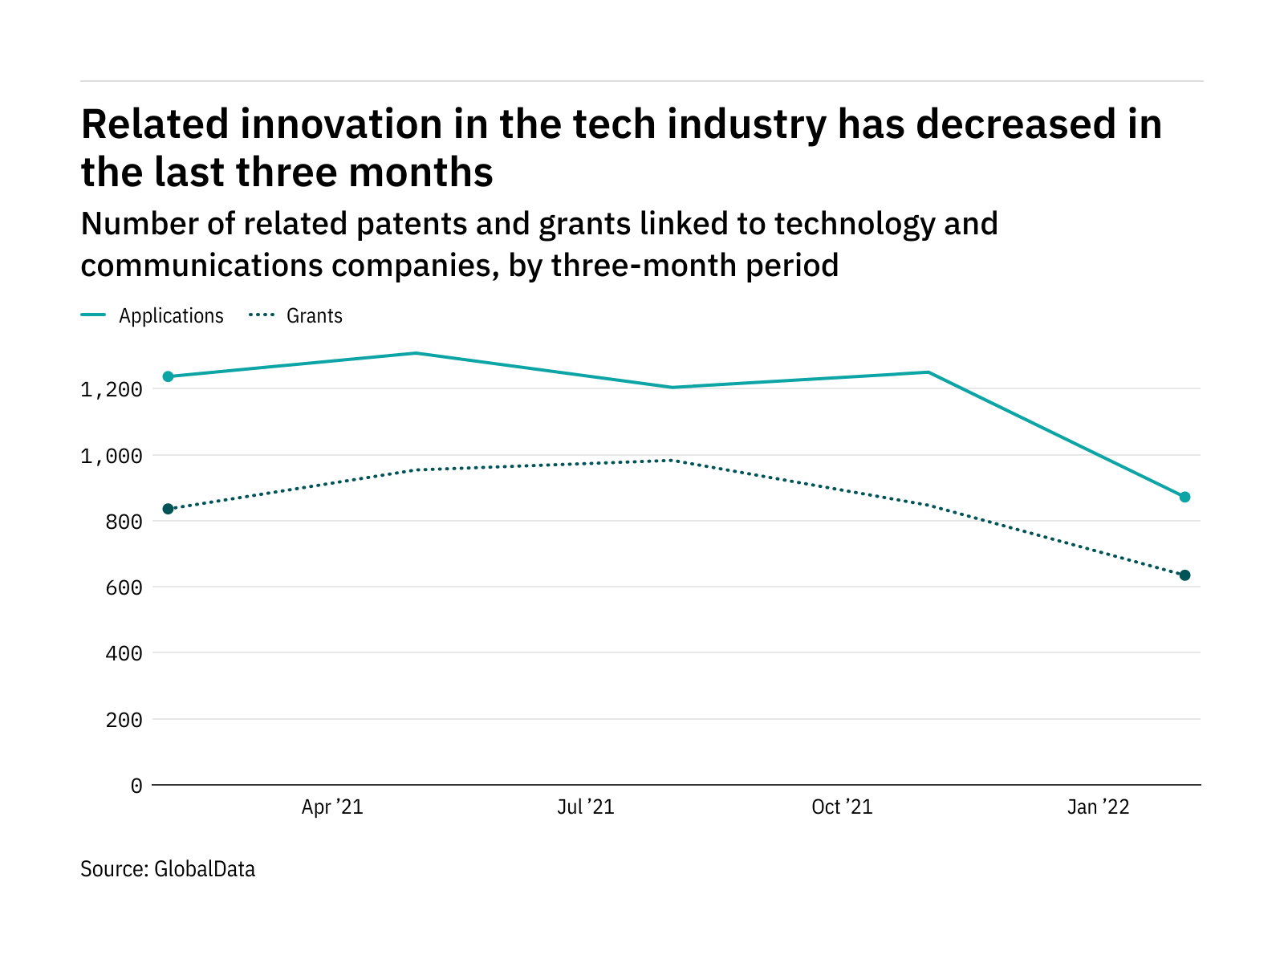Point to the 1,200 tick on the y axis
click(x=112, y=390)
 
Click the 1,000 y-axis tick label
click(x=112, y=456)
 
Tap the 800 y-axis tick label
click(x=124, y=522)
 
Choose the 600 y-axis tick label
click(x=124, y=587)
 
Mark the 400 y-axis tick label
click(x=124, y=654)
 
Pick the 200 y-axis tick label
click(x=124, y=720)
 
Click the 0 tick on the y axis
click(x=136, y=786)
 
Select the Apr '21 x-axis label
click(x=332, y=807)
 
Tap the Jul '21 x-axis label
click(x=586, y=807)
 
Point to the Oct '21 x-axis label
click(x=842, y=807)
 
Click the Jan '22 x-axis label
click(x=1098, y=807)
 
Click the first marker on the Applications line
click(x=168, y=376)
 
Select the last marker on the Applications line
click(x=1184, y=497)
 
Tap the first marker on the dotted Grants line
click(x=168, y=509)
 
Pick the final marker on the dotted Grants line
click(x=1184, y=575)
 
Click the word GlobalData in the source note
click(x=205, y=869)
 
